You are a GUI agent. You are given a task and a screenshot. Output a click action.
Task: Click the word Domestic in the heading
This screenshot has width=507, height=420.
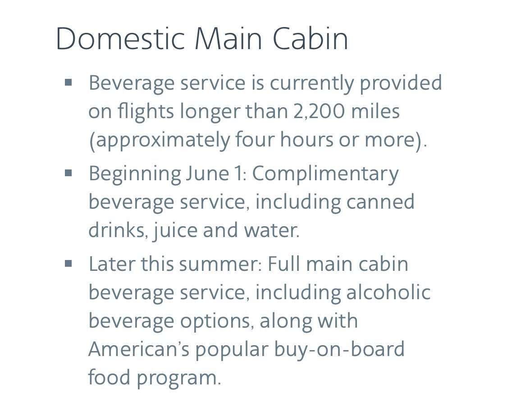coord(120,38)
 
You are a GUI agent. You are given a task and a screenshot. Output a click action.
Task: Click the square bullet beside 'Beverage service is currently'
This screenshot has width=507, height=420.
coord(68,82)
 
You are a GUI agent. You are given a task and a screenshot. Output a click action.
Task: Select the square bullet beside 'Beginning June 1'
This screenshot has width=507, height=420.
coord(68,173)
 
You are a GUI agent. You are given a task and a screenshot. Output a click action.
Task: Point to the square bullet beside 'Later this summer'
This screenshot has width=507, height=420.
coord(68,264)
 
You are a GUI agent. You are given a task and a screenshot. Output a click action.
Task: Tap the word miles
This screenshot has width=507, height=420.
coord(375,110)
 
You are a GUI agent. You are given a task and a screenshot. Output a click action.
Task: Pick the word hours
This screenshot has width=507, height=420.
coord(306,139)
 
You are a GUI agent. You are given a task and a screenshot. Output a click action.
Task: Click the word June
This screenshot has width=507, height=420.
coord(207,173)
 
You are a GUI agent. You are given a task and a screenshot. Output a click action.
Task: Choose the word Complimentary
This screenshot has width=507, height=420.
coord(325,174)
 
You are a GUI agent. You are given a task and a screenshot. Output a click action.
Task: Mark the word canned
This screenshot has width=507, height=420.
coord(380,201)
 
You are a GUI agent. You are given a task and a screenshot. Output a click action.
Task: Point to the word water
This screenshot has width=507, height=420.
coord(272,230)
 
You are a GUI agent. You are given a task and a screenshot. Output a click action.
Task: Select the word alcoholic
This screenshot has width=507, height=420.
coord(388,292)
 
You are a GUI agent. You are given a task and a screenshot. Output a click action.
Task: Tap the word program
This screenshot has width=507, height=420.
coord(178,378)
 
